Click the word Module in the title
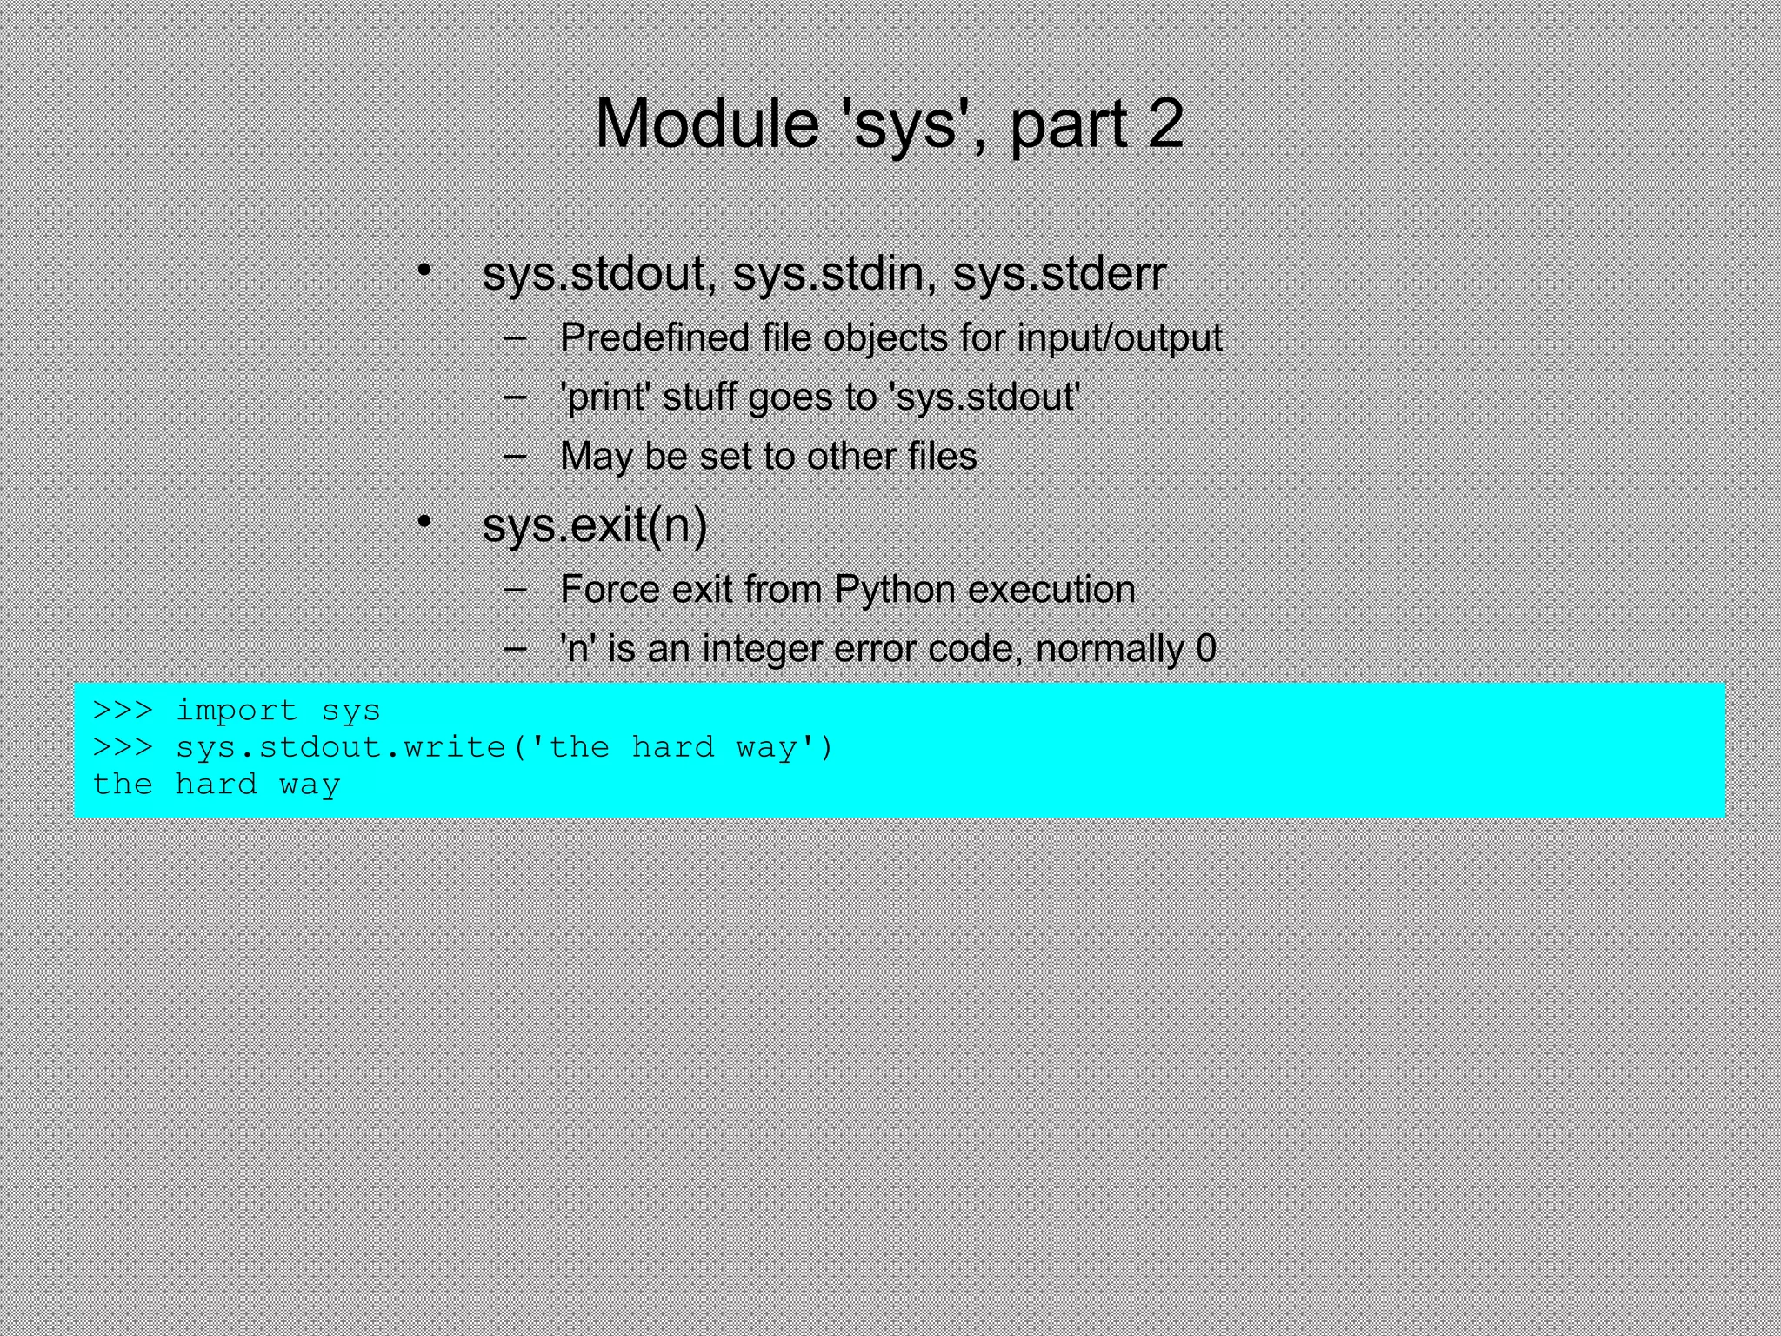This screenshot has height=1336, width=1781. point(706,124)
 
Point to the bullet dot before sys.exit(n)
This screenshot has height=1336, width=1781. point(424,522)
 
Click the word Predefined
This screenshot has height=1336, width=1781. point(654,337)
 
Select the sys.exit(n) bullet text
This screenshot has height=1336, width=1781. point(595,525)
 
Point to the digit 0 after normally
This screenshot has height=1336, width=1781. point(1205,649)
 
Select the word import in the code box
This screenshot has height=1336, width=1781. point(237,711)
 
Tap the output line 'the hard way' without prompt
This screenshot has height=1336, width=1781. point(216,785)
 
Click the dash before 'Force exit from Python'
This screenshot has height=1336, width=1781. point(515,589)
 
